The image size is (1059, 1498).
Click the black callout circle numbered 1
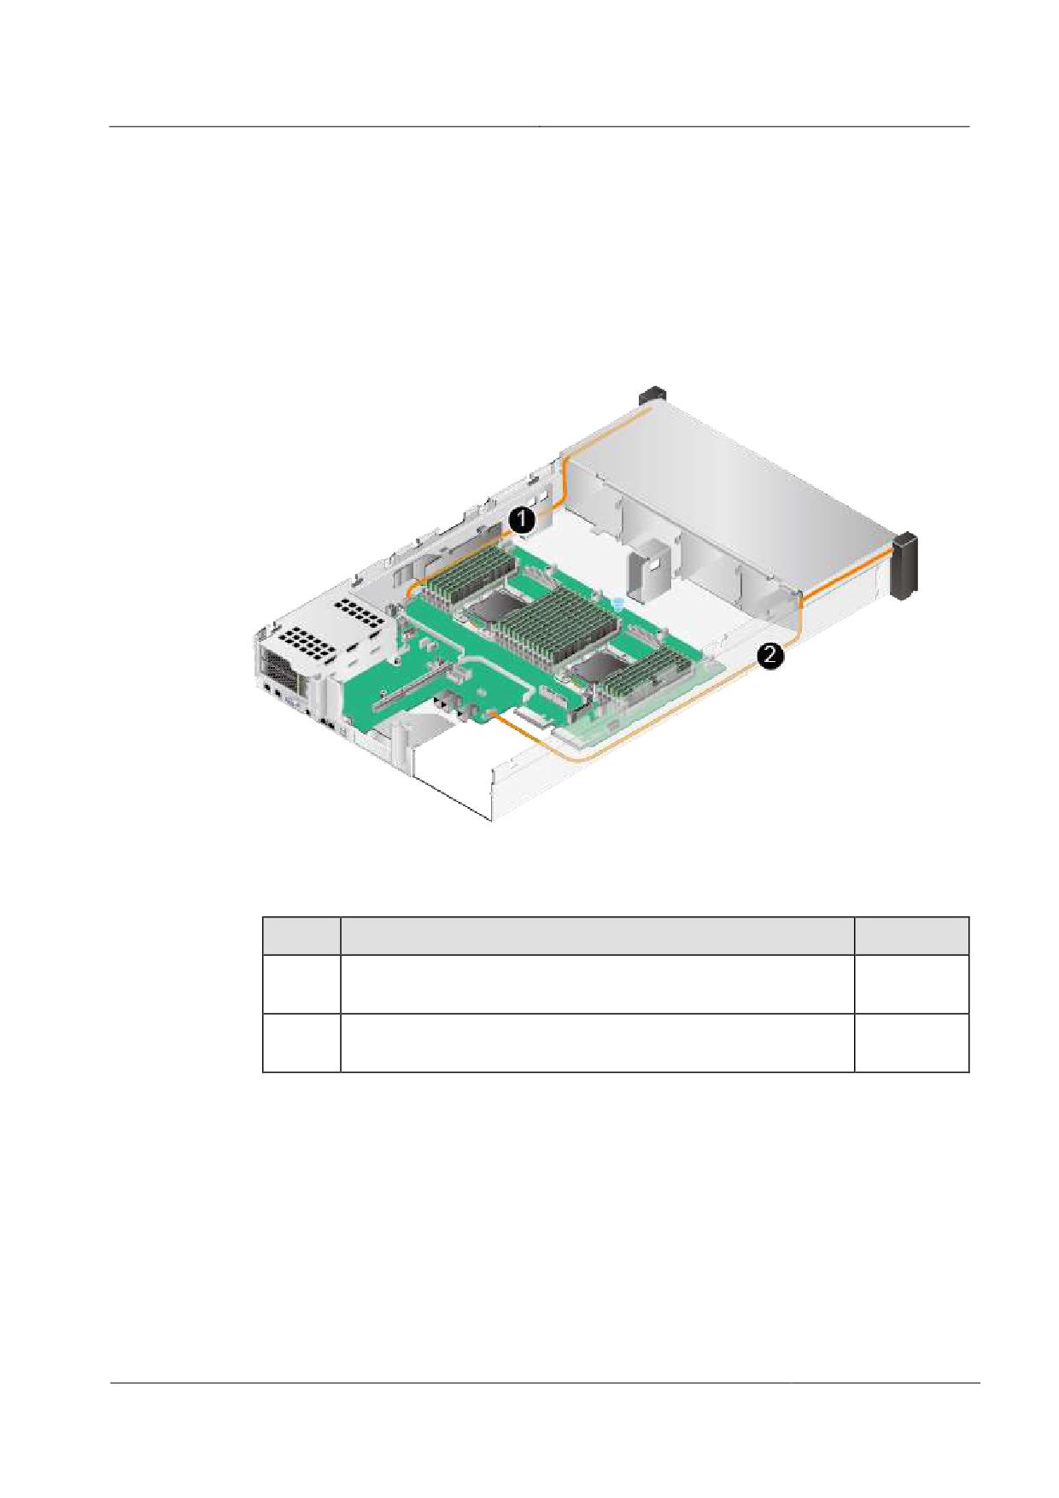523,519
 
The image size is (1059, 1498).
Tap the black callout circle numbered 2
769,656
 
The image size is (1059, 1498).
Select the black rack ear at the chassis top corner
652,396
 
